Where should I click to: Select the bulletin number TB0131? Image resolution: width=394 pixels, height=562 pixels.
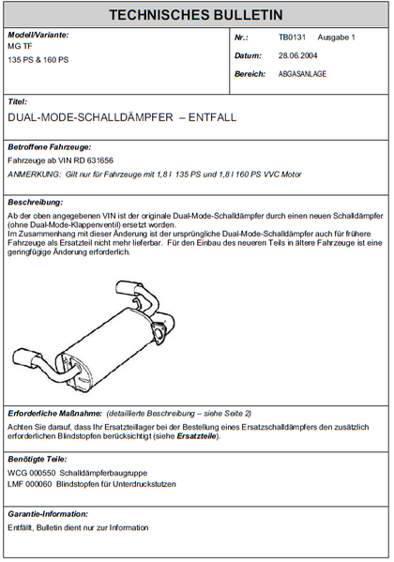coord(292,38)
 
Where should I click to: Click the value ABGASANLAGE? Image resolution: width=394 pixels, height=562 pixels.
coord(302,73)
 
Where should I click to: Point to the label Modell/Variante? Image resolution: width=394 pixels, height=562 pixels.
coord(38,35)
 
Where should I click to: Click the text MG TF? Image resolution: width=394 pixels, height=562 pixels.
coord(20,46)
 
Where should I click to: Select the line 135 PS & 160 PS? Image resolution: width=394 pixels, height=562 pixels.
coord(39,59)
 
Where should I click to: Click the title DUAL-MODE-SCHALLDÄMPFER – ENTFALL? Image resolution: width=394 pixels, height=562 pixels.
coord(122,120)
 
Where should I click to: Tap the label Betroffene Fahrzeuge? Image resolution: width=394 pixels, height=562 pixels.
coord(49,148)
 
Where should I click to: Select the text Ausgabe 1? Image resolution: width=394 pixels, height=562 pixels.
coord(336,38)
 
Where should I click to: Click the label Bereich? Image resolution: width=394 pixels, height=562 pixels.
coord(250,73)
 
